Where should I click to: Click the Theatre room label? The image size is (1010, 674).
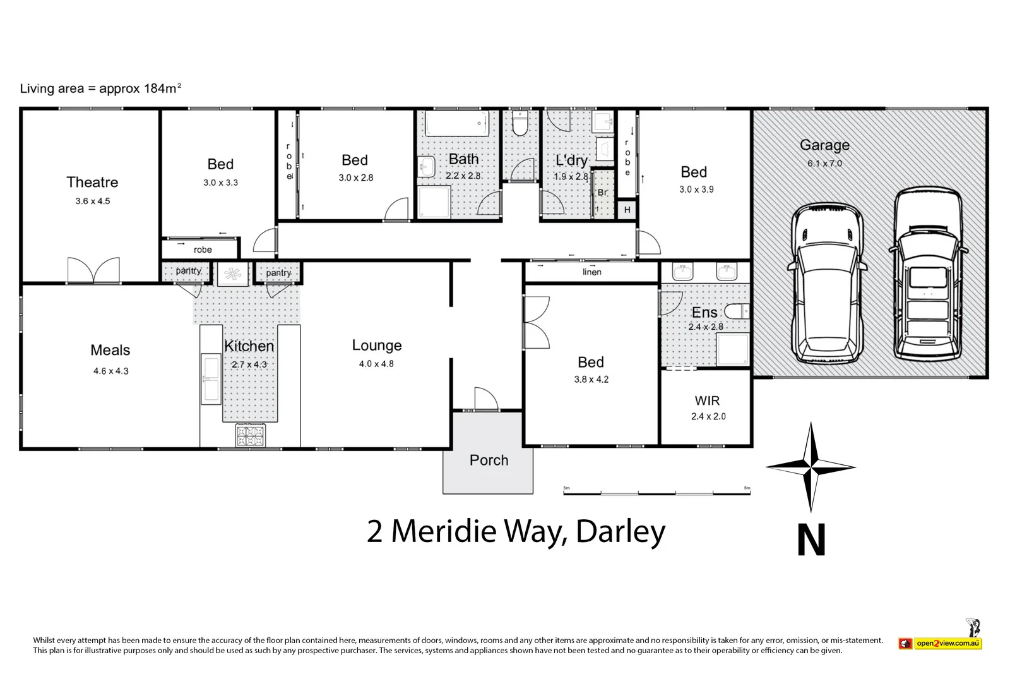point(92,182)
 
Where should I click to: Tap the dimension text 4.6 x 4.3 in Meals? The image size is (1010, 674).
point(110,371)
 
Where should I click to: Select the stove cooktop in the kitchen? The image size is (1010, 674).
point(250,436)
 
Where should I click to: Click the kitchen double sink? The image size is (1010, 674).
point(210,379)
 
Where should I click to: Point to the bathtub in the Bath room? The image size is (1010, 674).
point(456,123)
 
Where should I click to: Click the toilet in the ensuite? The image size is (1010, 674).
point(736,311)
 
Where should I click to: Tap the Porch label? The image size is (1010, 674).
point(489,460)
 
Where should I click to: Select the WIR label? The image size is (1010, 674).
point(707,400)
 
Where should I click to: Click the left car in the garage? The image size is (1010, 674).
point(825,284)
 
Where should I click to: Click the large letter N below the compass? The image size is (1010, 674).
point(811,541)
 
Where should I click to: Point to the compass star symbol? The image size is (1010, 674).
point(811,468)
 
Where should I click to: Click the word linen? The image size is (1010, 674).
point(591,272)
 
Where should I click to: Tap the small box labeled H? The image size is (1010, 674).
point(627,210)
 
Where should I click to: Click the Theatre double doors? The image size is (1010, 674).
point(93,270)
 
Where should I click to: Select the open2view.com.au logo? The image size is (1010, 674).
point(941,643)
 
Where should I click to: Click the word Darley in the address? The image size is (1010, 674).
point(621,531)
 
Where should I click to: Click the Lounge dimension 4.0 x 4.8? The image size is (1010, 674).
point(376,364)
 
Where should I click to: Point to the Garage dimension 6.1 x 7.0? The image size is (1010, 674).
point(824,164)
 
